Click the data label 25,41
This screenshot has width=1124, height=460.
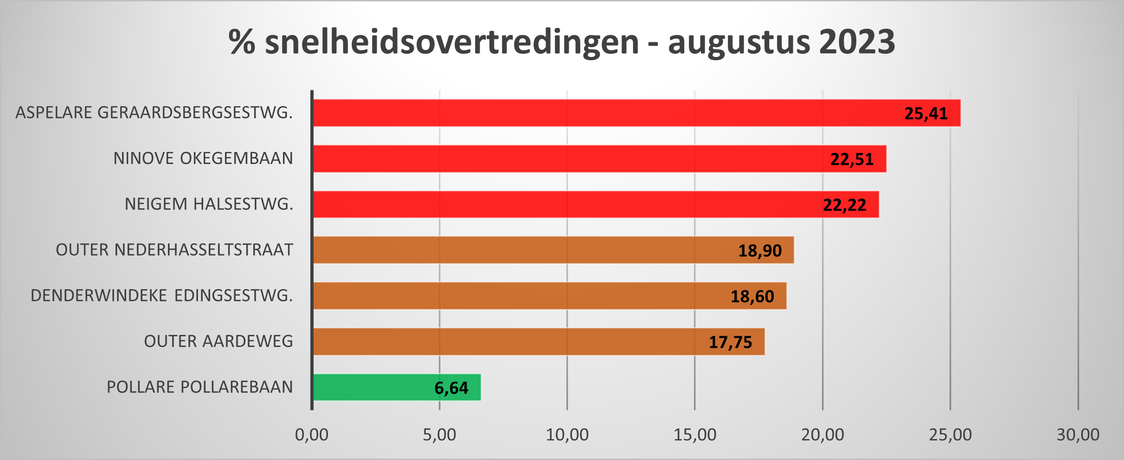pos(926,113)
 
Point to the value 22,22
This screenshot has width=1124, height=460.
pos(844,205)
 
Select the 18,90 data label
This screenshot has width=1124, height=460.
pos(760,251)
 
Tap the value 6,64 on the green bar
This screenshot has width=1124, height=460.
pos(451,388)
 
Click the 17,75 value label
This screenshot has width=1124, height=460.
pos(730,342)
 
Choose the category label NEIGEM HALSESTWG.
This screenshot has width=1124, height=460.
pos(209,204)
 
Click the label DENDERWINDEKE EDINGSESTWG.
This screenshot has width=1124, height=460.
pos(161,296)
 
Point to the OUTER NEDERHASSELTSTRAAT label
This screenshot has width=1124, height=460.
pos(174,250)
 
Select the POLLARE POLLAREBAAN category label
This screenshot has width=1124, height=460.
pos(199,387)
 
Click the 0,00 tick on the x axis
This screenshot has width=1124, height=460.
pos(312,435)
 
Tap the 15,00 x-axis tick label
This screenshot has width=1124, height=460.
pos(695,435)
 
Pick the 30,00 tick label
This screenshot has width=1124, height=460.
pos(1078,435)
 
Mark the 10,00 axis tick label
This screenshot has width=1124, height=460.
pos(567,435)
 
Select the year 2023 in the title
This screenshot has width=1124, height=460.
pos(857,42)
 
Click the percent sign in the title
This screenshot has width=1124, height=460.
pos(242,42)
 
